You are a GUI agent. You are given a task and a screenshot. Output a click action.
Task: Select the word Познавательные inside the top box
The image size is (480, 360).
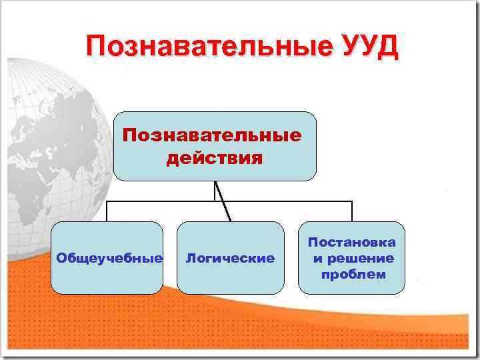212,135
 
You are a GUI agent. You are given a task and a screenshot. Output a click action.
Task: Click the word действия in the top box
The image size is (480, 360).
214,159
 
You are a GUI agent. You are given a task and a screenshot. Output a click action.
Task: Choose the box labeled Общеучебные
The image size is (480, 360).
107,258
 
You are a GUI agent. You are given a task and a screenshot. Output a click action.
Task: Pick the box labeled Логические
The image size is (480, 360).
230,258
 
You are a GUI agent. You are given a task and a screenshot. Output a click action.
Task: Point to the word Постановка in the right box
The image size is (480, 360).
351,243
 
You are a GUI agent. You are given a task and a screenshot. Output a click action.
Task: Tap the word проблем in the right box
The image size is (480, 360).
353,274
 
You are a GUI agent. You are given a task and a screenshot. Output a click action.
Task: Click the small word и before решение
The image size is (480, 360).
319,259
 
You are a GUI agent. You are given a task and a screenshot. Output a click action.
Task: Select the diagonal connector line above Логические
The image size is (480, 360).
223,201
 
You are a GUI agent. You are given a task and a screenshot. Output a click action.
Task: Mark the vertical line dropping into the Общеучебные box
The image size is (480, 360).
107,211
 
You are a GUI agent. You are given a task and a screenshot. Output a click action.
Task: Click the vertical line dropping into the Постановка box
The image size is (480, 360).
351,211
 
